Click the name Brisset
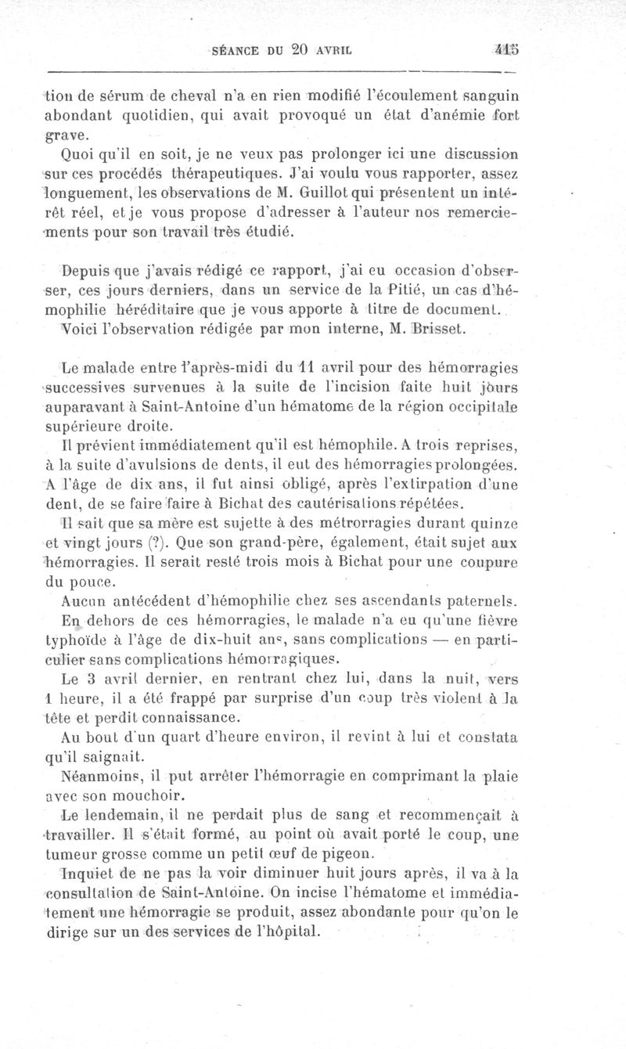click(443, 330)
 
